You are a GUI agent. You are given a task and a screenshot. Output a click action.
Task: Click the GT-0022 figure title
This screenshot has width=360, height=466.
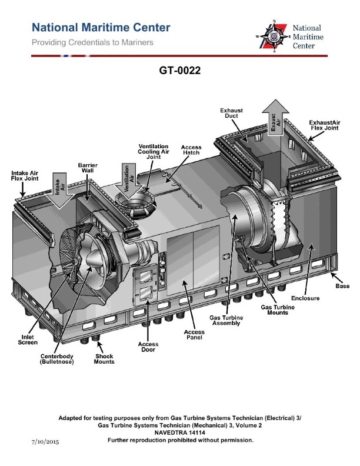pyautogui.click(x=180, y=71)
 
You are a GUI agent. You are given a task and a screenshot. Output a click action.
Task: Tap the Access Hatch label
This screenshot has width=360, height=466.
pyautogui.click(x=191, y=149)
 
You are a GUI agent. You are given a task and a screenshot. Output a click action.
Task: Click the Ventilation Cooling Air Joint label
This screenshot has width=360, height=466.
pyautogui.click(x=154, y=152)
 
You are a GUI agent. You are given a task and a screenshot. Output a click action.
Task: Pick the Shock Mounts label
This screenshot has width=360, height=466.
pyautogui.click(x=104, y=359)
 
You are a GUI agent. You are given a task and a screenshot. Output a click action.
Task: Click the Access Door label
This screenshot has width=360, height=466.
pyautogui.click(x=148, y=347)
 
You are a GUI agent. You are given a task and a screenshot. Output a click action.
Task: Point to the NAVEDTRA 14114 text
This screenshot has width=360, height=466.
pyautogui.click(x=180, y=432)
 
